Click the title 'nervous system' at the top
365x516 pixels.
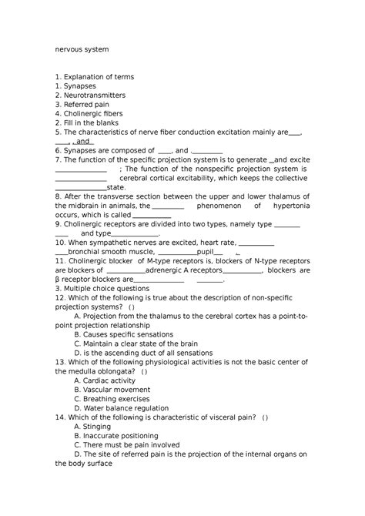coord(82,49)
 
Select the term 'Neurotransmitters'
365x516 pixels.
coord(98,95)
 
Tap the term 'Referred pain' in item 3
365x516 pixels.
coord(87,104)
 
